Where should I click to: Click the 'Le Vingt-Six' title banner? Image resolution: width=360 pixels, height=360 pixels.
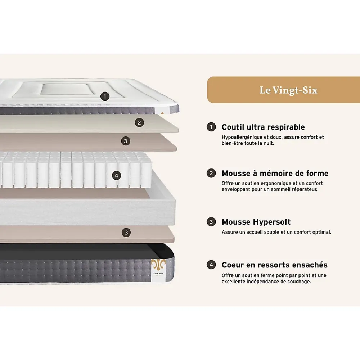coord(284,90)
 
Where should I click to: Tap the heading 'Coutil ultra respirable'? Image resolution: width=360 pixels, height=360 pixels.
coord(263,127)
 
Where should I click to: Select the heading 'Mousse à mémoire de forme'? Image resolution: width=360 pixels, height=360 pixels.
coord(275,173)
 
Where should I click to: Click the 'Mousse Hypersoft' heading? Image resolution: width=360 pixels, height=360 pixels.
coord(256,222)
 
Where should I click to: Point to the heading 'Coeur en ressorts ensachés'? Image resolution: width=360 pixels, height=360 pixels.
coord(275,265)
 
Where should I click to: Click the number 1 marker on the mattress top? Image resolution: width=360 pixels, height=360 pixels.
coord(105,96)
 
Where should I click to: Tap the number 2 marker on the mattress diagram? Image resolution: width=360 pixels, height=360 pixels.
coord(139,123)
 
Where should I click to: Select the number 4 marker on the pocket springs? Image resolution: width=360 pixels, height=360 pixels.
coord(116,176)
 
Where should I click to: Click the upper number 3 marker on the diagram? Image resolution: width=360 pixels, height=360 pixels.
coord(126,141)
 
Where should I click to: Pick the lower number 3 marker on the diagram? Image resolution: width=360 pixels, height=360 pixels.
coord(126,233)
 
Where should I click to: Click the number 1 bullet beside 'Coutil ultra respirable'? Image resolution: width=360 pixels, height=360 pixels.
coord(211,127)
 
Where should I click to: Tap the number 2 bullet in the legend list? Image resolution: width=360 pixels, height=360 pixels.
coord(211,173)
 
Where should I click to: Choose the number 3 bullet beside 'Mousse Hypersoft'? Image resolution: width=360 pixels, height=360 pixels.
coord(211,222)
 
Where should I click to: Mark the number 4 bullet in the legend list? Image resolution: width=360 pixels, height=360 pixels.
coord(211,265)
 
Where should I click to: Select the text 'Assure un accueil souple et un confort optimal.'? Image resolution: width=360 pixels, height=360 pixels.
coord(276,232)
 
